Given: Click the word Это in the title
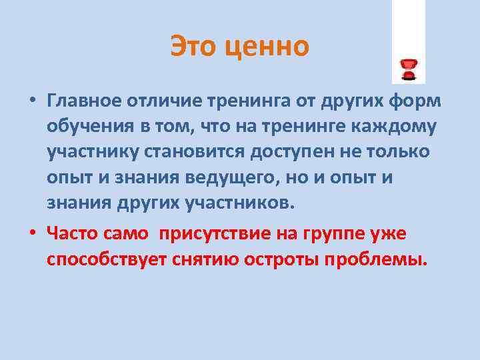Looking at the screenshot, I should (197, 47).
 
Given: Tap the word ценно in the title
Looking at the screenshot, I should (270, 47).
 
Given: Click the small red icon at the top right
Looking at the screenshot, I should (408, 69).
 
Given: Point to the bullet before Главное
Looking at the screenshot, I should (32, 101).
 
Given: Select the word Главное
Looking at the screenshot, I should (83, 101).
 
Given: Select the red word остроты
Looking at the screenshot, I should (279, 259).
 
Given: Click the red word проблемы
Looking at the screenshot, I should (375, 259).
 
